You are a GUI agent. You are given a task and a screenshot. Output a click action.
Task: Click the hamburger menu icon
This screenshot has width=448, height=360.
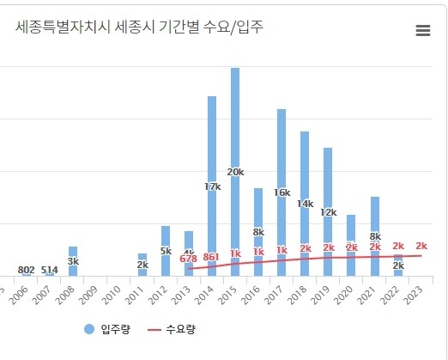click(422, 31)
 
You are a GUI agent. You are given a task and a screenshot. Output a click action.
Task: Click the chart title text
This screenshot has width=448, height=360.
click(139, 27)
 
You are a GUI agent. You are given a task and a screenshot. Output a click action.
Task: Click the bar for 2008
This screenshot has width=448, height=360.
click(73, 260)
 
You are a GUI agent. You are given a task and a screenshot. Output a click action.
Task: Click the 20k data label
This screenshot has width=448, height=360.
click(235, 172)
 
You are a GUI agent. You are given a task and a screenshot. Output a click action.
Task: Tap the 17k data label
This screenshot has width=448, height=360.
click(212, 186)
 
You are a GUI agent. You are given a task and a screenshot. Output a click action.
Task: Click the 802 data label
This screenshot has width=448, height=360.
click(27, 270)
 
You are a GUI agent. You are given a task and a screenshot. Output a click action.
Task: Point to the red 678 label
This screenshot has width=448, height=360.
click(189, 258)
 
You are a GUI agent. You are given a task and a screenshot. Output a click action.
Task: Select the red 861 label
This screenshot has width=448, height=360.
click(212, 256)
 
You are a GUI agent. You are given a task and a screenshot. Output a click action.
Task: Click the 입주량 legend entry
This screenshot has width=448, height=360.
click(107, 329)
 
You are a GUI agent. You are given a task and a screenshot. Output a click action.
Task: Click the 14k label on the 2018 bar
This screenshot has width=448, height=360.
click(305, 204)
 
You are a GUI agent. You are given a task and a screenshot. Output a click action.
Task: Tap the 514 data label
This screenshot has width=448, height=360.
click(50, 270)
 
